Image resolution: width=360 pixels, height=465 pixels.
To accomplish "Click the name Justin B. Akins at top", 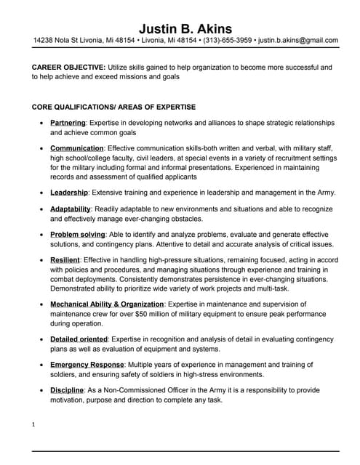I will point(185,28).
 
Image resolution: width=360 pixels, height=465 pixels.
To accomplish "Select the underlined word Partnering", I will point(68,124).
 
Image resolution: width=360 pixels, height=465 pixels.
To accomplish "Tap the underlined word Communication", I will point(76,148).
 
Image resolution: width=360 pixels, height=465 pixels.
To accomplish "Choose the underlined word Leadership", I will point(69,193).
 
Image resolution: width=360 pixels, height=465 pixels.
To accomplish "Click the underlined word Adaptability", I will point(71,209).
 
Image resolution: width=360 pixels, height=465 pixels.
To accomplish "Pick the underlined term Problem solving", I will point(77,235).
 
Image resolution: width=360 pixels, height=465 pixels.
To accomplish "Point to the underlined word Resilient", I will point(65,260).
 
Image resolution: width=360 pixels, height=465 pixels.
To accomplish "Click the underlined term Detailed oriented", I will point(79,339).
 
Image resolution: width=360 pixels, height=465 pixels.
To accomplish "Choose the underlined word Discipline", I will point(66,390).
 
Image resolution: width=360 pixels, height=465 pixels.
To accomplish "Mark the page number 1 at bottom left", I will point(33,424).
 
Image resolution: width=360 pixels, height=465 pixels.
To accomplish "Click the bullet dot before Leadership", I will point(41,193).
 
